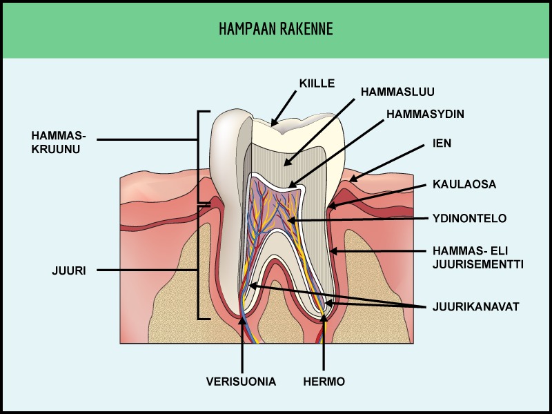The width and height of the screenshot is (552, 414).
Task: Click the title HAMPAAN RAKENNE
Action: coord(275,29)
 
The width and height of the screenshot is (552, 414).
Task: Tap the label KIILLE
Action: coord(317,83)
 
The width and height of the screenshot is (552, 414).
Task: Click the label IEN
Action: coord(441,144)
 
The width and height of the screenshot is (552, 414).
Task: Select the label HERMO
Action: coord(324,381)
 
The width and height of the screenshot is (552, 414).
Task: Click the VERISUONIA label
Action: coord(241,381)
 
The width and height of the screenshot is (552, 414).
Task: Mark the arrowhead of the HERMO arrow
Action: coord(324,320)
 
